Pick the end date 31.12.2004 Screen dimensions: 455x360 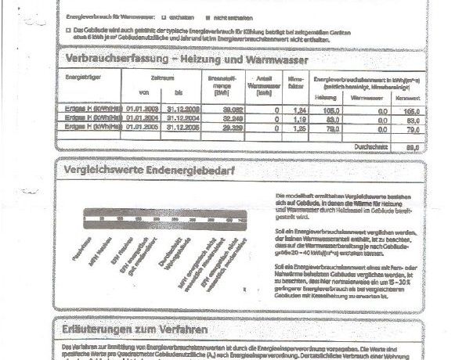point(180,118)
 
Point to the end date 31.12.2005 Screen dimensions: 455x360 point(180,125)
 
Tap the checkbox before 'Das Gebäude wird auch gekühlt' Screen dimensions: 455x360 point(69,28)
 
